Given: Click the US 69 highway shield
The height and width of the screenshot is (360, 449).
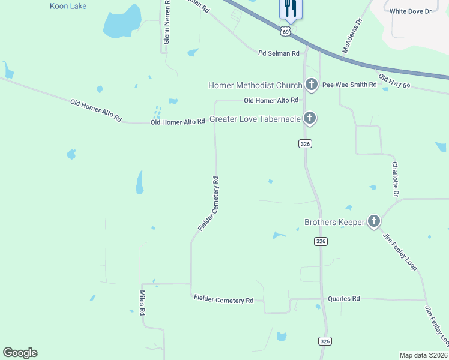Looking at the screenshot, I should tap(286, 30).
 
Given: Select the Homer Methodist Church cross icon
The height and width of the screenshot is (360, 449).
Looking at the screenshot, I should tap(311, 85).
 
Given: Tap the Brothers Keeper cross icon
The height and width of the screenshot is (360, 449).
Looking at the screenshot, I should tap(373, 222).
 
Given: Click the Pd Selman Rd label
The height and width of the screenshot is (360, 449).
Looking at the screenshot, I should tap(279, 53).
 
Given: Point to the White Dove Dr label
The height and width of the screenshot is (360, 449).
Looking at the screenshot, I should tap(411, 11).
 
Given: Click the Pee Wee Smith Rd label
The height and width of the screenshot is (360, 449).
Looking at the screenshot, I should tap(349, 85).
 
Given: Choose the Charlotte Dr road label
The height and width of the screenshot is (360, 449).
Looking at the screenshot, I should tap(395, 179).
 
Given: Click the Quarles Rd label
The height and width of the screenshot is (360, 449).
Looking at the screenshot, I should tap(343, 298).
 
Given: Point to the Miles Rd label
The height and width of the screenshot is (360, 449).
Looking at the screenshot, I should tap(143, 304).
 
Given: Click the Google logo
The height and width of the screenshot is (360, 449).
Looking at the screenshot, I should tap(20, 353).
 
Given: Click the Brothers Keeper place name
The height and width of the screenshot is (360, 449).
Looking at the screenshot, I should tap(334, 223).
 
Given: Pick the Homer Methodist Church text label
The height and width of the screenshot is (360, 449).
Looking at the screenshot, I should tap(255, 85).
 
